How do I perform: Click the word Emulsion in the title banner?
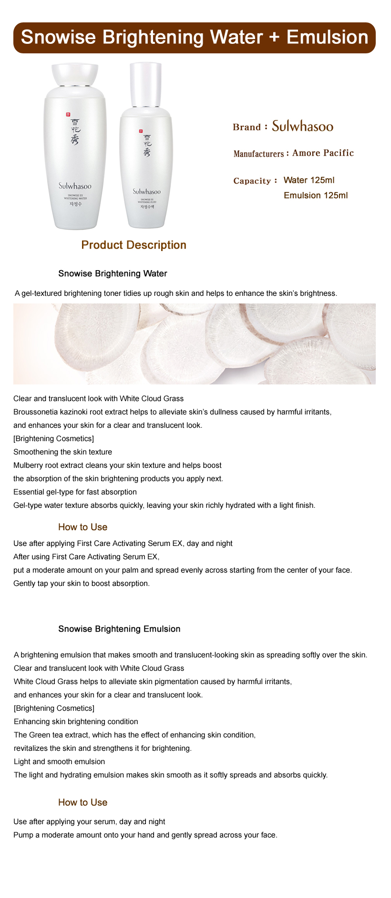click(327, 37)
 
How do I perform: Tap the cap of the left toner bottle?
click(75, 74)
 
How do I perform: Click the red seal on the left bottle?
click(68, 114)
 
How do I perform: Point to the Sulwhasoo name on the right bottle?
click(146, 192)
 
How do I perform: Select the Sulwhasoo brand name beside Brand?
click(302, 126)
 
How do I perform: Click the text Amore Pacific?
click(323, 153)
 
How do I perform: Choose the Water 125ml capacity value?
click(309, 180)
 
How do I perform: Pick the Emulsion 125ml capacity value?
click(315, 195)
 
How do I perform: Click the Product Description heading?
click(134, 245)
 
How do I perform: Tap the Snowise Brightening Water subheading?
click(113, 273)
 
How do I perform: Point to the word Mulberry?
click(29, 465)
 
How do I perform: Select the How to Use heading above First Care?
click(82, 527)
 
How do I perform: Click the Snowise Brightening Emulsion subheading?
click(119, 629)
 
